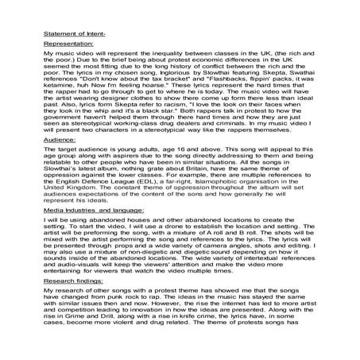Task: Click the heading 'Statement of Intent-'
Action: click(x=69, y=35)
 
